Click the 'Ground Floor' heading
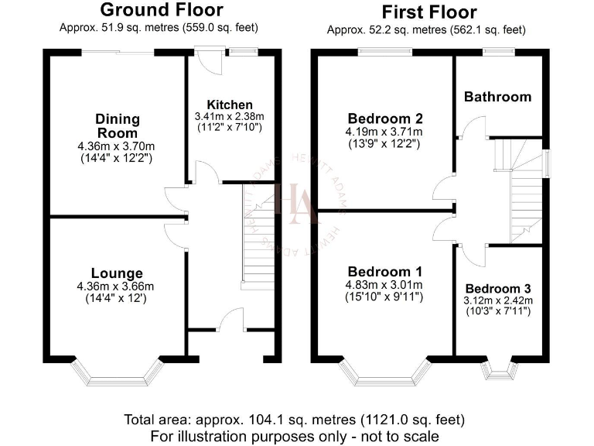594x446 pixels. [162, 10]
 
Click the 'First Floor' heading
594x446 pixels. [428, 12]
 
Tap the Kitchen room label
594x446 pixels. [229, 105]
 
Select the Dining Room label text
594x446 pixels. [118, 125]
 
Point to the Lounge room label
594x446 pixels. [117, 273]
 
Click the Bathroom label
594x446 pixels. [497, 97]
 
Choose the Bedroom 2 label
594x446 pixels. [384, 118]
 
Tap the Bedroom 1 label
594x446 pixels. [384, 272]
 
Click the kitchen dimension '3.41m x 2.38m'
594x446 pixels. [229, 117]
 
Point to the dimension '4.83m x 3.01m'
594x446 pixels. [384, 284]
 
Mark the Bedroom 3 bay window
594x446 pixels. [498, 370]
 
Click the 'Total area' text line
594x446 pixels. [295, 420]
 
